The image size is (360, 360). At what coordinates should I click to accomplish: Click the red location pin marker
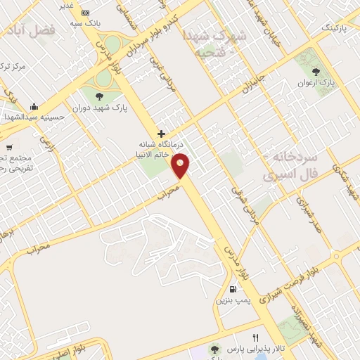pyautogui.click(x=181, y=166)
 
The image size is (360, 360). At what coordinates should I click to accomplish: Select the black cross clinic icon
pyautogui.click(x=162, y=133)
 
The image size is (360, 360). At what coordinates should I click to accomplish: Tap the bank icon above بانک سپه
pyautogui.click(x=86, y=13)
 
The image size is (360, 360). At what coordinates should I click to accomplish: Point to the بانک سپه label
pyautogui.click(x=82, y=24)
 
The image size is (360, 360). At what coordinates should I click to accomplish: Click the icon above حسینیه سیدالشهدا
pyautogui.click(x=34, y=107)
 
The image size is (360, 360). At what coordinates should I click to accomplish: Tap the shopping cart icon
pyautogui.click(x=8, y=148)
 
